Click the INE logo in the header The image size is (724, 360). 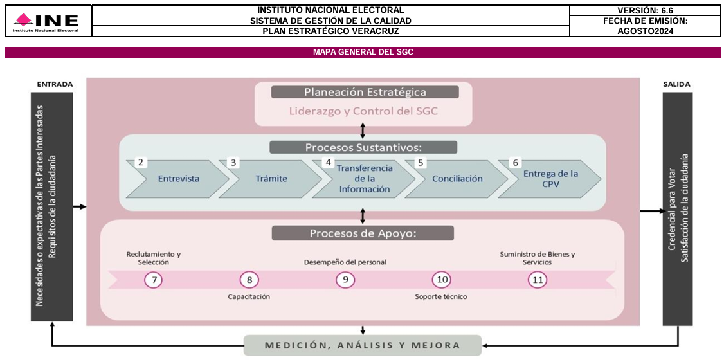[x=46, y=22]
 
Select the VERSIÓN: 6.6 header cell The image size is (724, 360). [x=644, y=10]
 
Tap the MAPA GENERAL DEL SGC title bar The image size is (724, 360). [x=363, y=52]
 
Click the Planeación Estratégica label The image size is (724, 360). [x=365, y=92]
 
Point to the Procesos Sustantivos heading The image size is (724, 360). [x=363, y=147]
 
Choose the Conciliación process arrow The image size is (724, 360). [x=457, y=179]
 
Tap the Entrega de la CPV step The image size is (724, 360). [x=550, y=179]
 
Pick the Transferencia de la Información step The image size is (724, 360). [x=365, y=179]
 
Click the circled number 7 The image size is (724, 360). [x=153, y=280]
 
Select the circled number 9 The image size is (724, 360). [x=345, y=280]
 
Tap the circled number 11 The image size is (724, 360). [x=538, y=280]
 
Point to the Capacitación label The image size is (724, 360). [x=249, y=296]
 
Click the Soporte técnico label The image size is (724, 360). [x=441, y=296]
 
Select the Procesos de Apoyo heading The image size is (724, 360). [x=363, y=233]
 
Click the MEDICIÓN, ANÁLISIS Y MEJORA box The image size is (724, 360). [x=363, y=345]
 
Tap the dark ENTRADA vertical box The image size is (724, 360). [x=51, y=206]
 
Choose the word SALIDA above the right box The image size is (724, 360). [x=677, y=84]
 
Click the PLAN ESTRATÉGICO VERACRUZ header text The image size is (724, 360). [x=330, y=31]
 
